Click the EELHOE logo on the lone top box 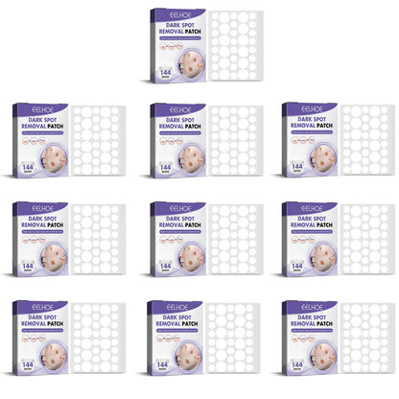tap(178, 15)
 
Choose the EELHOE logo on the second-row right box tap(311, 111)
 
